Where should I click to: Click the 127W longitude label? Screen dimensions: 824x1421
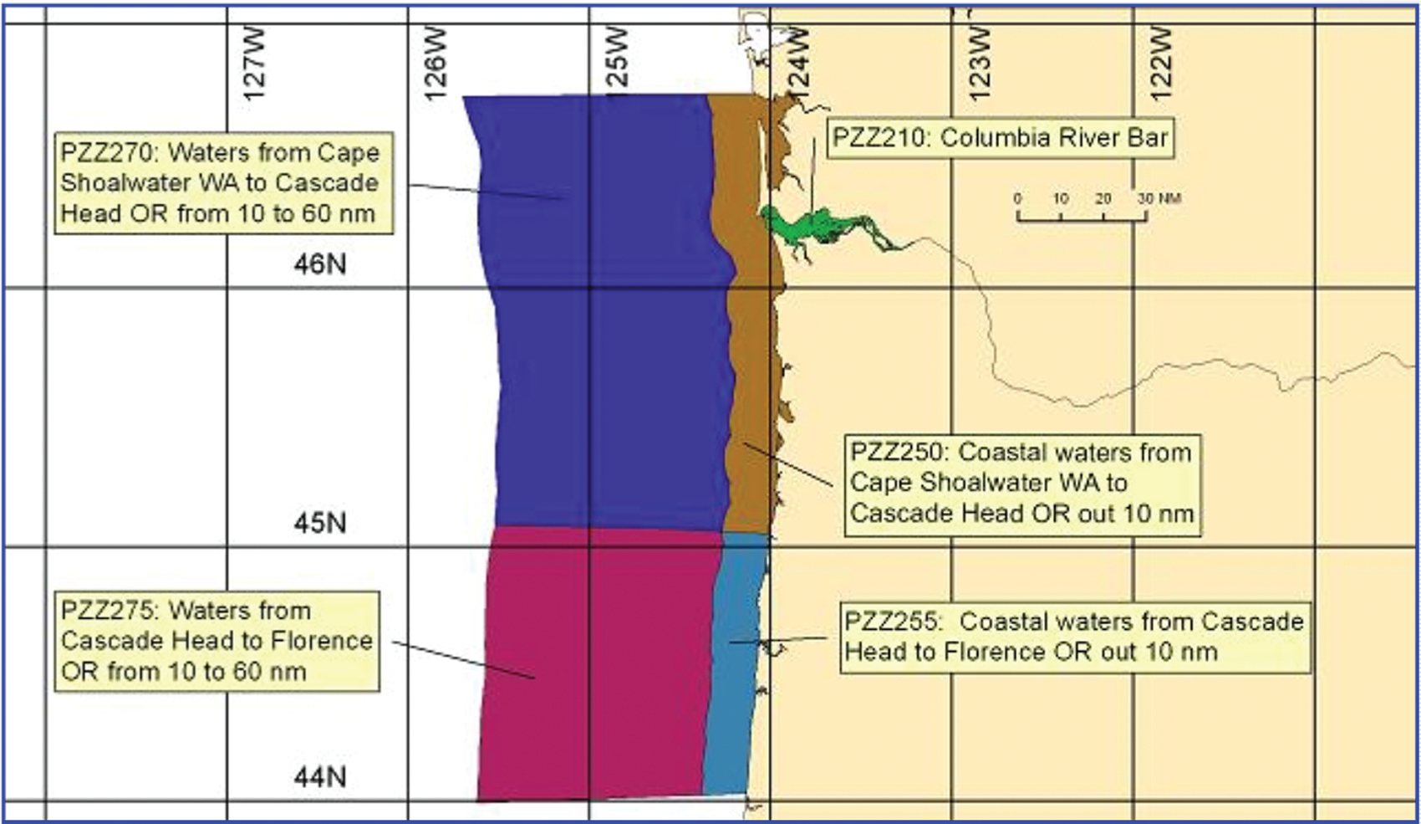254,64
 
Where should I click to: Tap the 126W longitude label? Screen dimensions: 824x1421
435,64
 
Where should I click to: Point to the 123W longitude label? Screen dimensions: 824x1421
979,64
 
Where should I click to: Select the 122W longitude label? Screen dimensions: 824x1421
1161,64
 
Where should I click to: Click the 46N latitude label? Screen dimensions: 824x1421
319,264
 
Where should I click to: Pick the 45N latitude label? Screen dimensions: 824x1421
319,524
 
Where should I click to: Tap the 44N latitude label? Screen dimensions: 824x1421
319,778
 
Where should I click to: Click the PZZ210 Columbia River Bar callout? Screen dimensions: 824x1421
1000,138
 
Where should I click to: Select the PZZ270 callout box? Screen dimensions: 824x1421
222,182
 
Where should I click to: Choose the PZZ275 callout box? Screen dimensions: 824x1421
216,641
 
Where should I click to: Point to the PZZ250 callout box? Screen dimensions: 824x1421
1021,484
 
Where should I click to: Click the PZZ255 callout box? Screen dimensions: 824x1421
1074,637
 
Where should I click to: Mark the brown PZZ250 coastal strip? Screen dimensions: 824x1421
748,376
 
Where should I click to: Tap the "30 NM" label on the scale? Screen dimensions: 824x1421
1159,198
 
